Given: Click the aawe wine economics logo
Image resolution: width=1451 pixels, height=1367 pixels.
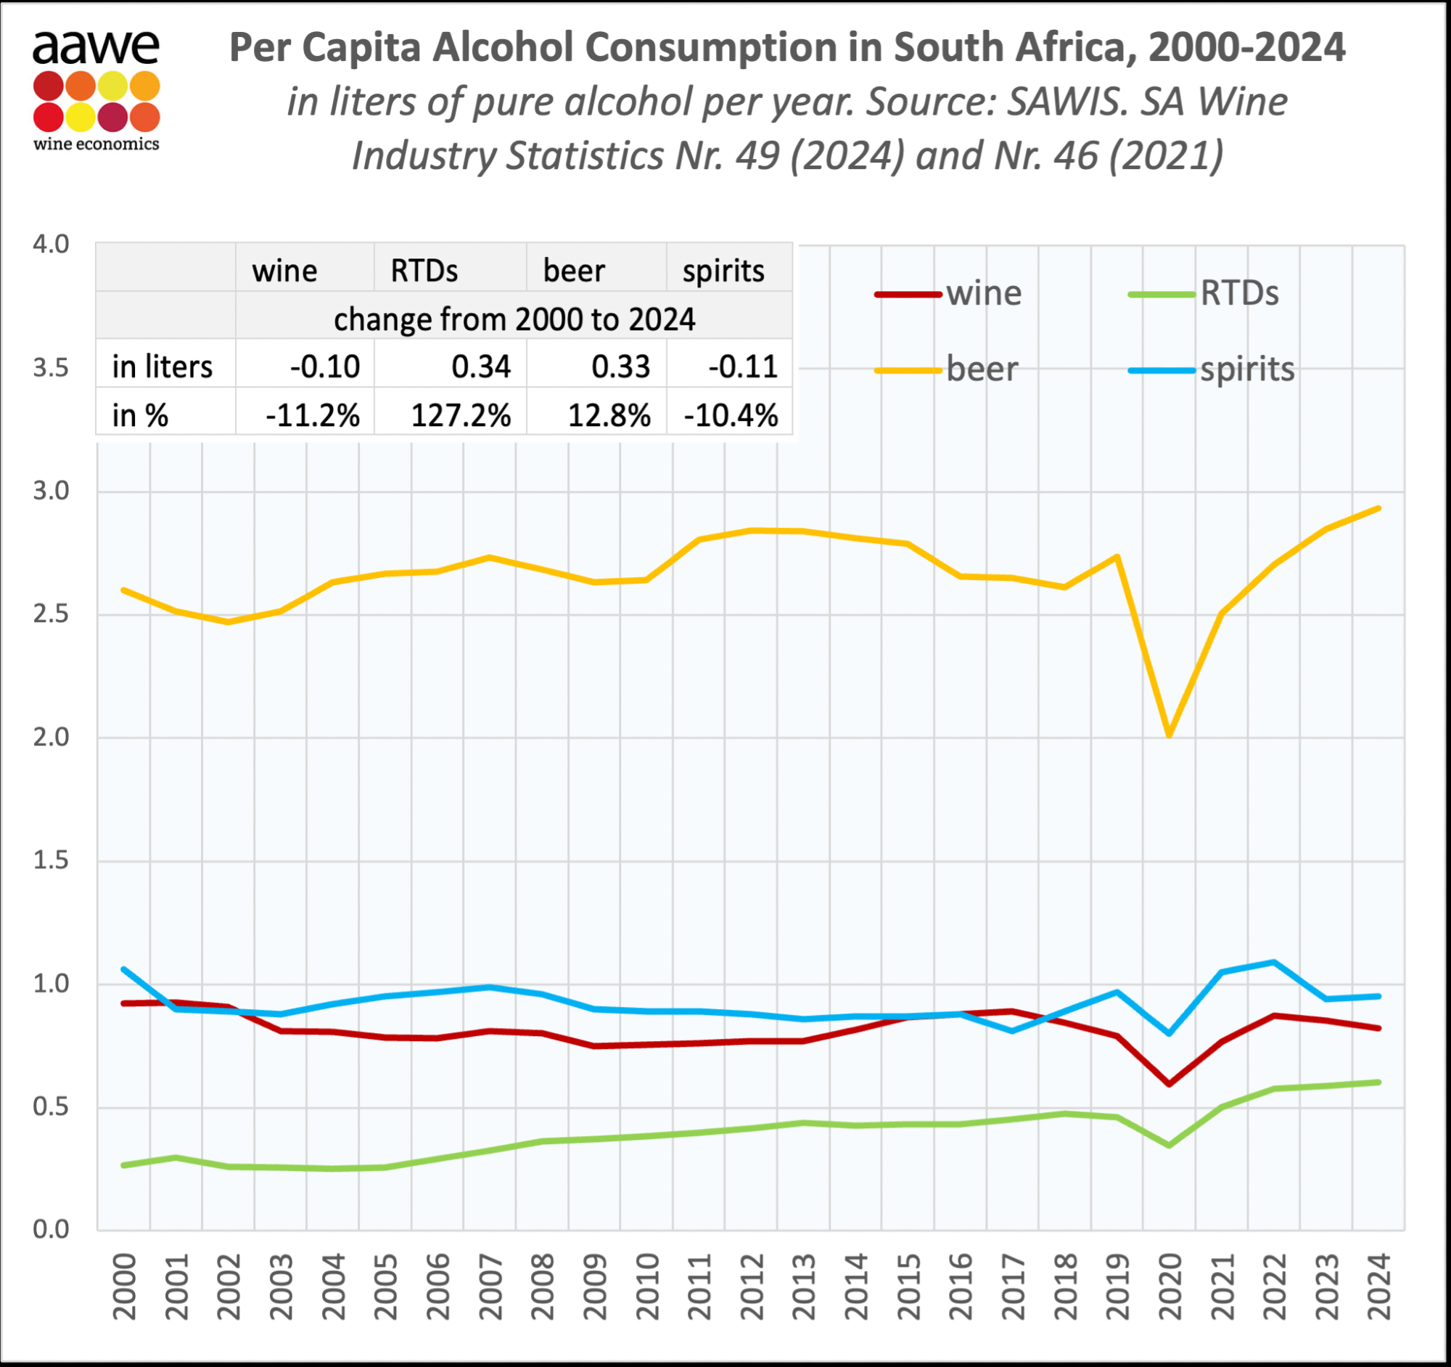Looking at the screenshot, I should click(x=96, y=91).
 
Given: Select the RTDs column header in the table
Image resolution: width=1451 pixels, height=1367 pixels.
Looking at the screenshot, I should click(x=424, y=271).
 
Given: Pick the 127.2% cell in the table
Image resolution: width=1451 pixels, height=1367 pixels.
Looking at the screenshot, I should click(x=461, y=415).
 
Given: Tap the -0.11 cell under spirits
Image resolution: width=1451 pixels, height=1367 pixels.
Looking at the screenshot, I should click(x=742, y=367).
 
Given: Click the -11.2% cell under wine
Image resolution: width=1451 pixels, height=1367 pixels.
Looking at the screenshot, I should click(x=313, y=415).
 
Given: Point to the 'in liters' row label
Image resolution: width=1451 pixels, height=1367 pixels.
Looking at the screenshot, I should click(x=162, y=367).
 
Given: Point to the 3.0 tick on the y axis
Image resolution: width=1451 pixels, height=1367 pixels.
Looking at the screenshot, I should click(x=51, y=491).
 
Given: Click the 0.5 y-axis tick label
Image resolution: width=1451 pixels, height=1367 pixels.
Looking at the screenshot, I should click(x=51, y=1107).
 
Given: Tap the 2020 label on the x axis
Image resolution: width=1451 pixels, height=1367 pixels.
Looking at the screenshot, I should click(x=1170, y=1286).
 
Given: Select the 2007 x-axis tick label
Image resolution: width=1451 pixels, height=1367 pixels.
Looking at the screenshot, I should click(x=490, y=1286).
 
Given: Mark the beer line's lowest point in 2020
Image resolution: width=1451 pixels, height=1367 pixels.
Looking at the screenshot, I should click(x=1170, y=735).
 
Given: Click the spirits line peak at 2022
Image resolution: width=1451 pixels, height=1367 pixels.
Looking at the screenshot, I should click(x=1274, y=963).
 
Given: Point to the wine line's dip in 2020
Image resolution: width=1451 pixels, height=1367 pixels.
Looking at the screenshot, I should click(x=1170, y=1085).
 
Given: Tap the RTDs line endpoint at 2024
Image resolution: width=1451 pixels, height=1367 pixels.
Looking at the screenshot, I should click(x=1378, y=1082).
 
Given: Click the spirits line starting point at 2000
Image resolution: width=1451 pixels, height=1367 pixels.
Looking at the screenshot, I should click(x=124, y=970).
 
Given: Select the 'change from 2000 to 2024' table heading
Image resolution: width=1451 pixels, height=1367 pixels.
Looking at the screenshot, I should click(x=514, y=319).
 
